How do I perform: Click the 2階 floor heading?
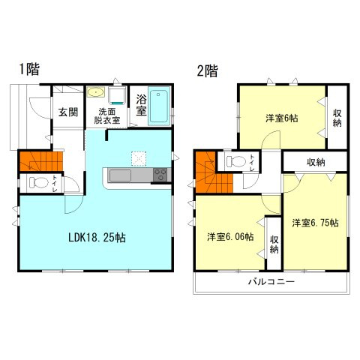pyautogui.click(x=207, y=72)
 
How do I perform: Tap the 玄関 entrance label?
pyautogui.click(x=68, y=112)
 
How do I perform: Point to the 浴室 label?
pyautogui.click(x=141, y=106)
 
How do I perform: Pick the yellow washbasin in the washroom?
pyautogui.click(x=94, y=93)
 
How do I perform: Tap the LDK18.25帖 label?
pyautogui.click(x=98, y=238)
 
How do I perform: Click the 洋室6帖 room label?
pyautogui.click(x=282, y=118)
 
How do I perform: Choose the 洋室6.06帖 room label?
pyautogui.click(x=229, y=236)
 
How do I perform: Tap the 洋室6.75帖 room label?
pyautogui.click(x=315, y=223)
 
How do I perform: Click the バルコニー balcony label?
pyautogui.click(x=271, y=282)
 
